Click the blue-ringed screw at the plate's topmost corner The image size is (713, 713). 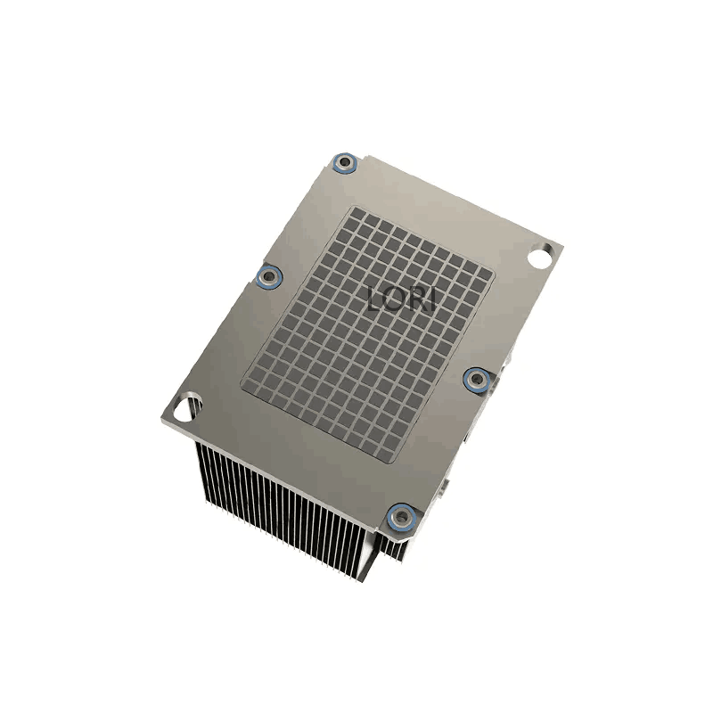point(345,162)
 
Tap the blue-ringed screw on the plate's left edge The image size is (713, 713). point(269,276)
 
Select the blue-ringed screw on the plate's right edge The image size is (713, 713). point(477,379)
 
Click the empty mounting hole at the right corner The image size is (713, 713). point(541,255)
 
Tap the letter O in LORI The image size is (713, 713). point(394,299)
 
